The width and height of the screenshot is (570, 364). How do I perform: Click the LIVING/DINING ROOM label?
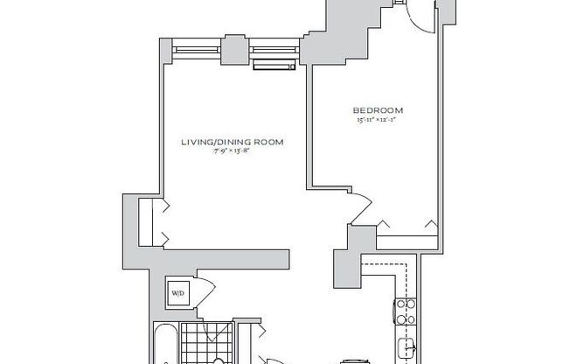(233, 142)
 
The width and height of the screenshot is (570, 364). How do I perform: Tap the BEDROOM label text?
(379, 110)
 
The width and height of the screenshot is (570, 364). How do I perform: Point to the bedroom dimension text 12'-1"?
(392, 119)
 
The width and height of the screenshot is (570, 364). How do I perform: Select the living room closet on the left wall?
(148, 220)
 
